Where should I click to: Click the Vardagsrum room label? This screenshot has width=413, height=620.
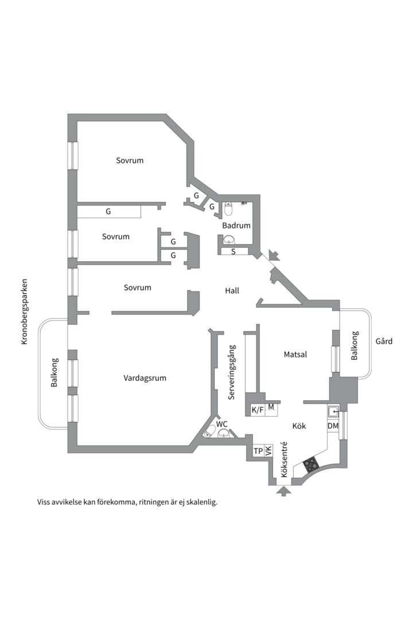pos(145,378)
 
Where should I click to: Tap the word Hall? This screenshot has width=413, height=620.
pos(232,291)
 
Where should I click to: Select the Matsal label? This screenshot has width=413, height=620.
pos(295,355)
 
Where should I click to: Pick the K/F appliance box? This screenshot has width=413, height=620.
pos(258,410)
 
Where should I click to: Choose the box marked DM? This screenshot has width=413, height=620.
pos(333,426)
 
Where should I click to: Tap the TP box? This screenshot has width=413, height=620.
pos(258,452)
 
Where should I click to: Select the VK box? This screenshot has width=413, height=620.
pos(268,452)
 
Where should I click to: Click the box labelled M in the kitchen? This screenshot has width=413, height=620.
pos(271,408)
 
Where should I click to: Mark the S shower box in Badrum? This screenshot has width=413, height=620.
pos(233,251)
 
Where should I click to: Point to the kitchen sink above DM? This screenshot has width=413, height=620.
pos(333,412)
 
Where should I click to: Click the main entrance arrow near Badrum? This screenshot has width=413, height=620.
pos(274,255)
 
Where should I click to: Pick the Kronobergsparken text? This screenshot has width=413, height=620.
pos(24,312)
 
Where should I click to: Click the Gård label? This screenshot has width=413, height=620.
pos(384,341)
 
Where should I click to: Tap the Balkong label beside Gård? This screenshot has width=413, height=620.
pos(354,346)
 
